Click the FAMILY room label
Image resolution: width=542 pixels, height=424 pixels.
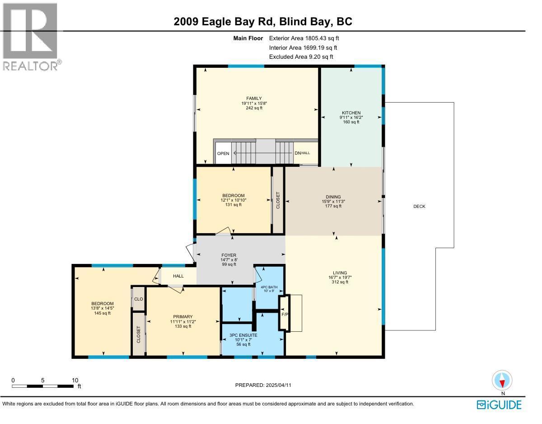(254, 99)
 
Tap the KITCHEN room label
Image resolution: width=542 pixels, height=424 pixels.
(351, 113)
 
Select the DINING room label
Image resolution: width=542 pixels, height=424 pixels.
(333, 197)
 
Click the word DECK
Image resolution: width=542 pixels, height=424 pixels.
(419, 207)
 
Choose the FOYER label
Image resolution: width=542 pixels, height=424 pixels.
(229, 255)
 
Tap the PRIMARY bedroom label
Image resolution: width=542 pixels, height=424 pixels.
(182, 316)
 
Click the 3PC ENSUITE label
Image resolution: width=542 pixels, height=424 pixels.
(243, 335)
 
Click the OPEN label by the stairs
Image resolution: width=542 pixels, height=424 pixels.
(223, 154)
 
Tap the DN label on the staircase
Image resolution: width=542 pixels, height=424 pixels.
(298, 153)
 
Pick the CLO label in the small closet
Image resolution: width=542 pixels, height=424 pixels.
(138, 299)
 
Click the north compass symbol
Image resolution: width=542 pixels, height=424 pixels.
(502, 381)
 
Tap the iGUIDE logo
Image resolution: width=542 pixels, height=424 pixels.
(499, 404)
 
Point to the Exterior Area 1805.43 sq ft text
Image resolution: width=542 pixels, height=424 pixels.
(304, 38)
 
